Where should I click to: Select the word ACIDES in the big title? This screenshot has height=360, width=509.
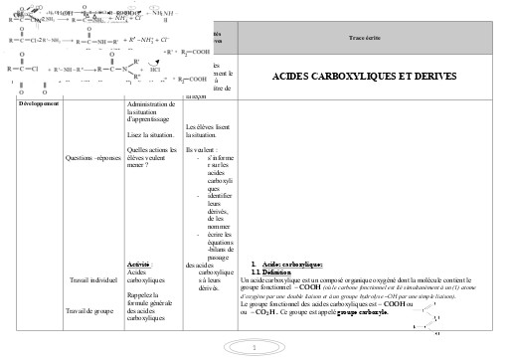tap(298, 77)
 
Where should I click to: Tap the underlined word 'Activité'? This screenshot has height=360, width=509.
tap(145, 262)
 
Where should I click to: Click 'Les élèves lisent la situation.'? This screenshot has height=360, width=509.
tap(208, 130)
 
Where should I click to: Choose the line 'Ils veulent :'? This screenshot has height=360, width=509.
tap(203, 149)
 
